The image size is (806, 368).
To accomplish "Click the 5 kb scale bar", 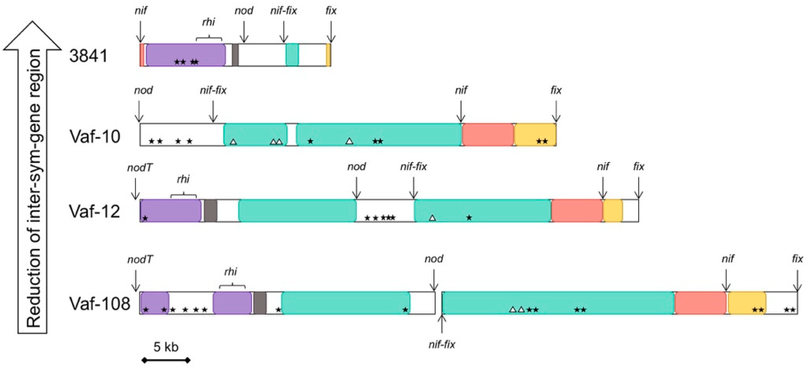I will (166, 360).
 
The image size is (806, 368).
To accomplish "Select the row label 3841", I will (88, 56).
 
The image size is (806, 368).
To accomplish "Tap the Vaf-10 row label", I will (95, 136).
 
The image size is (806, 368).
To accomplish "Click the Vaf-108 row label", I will (99, 303).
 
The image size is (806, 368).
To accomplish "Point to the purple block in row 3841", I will (186, 55).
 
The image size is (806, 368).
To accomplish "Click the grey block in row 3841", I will (235, 55).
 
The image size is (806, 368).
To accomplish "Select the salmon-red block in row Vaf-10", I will (488, 135).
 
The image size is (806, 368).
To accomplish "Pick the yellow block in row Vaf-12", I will (613, 211).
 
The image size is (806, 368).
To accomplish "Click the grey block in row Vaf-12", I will (211, 211).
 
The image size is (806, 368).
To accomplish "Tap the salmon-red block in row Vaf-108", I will (700, 302).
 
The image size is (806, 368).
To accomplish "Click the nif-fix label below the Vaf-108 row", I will (441, 345).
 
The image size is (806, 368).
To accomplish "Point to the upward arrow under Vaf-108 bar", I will (441, 324).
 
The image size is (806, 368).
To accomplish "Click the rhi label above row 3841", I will (209, 22).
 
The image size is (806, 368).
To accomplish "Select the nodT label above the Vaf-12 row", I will (140, 168).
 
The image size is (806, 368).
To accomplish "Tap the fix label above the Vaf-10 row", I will (556, 90).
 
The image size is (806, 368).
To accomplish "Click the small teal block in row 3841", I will (292, 55).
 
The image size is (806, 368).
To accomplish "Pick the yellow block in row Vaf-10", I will (535, 135).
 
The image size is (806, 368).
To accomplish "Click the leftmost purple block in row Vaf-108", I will (155, 302).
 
